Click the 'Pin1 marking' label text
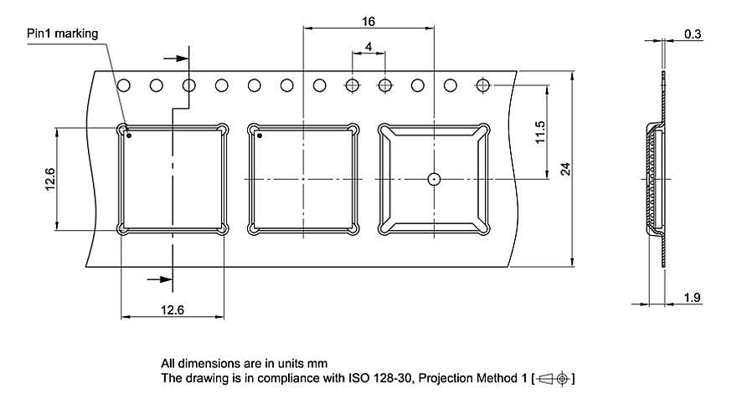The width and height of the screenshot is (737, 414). click(x=63, y=33)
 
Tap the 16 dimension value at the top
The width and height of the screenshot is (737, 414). click(x=368, y=22)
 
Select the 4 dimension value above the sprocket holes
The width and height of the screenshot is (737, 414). click(x=368, y=47)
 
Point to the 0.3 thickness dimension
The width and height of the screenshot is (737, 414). click(x=693, y=33)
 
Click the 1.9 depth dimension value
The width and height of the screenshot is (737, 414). click(x=692, y=297)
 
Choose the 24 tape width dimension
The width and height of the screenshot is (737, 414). click(x=565, y=169)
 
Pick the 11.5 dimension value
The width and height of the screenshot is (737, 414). click(x=540, y=132)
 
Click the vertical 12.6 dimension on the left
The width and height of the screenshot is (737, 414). click(x=49, y=179)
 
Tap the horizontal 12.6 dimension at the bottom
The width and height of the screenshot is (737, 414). click(x=173, y=309)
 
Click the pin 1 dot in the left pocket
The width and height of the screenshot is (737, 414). click(x=129, y=135)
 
